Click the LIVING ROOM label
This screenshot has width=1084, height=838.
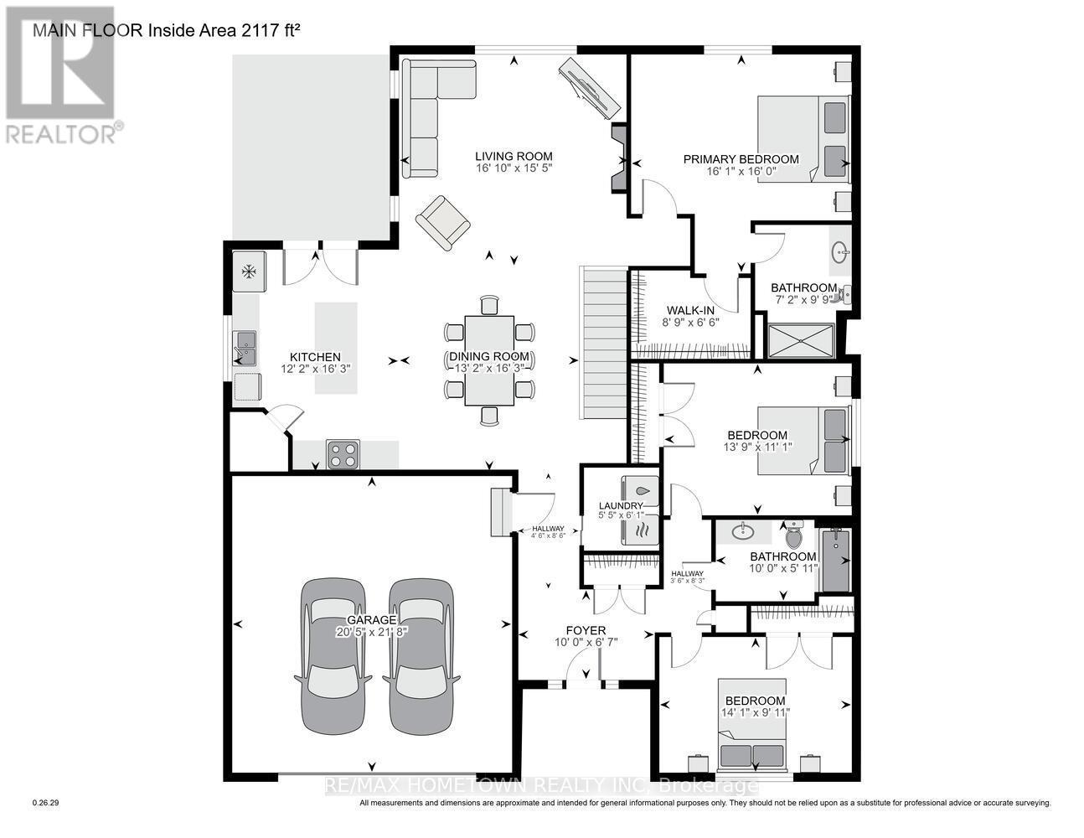click(x=514, y=156)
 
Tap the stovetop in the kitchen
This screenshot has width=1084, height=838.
click(x=343, y=454)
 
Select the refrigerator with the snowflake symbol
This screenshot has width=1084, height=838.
click(x=249, y=272)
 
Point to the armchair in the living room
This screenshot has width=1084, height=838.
click(x=443, y=223)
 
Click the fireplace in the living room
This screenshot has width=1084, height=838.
click(x=619, y=157)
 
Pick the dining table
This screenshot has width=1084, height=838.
click(x=489, y=360)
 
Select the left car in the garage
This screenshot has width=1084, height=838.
click(x=333, y=656)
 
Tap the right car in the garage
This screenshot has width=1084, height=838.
click(x=421, y=656)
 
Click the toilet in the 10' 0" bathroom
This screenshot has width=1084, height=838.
click(x=792, y=535)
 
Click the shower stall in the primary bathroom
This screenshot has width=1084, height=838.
click(x=801, y=341)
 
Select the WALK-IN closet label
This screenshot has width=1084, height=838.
click(x=690, y=310)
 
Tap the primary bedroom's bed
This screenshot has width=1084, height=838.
click(x=803, y=138)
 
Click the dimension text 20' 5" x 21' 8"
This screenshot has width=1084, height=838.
click(x=372, y=632)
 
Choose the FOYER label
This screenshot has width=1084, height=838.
click(x=586, y=630)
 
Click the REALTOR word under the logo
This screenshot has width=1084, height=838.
click(x=60, y=135)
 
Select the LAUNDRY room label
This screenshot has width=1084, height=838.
click(x=621, y=506)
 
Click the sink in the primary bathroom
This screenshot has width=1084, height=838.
click(x=840, y=252)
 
